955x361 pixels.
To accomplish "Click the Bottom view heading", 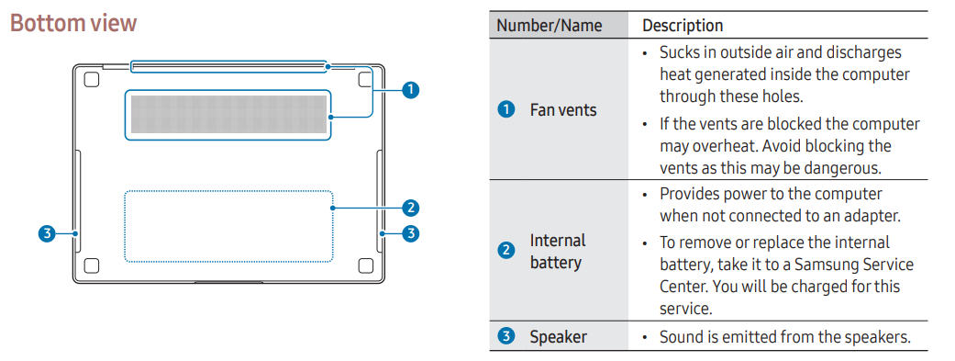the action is pos(73,23).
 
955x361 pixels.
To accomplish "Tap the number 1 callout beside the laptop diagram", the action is pos(411,90).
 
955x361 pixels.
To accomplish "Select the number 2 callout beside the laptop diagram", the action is pos(411,208).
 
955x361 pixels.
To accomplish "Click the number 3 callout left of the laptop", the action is pos(46,233).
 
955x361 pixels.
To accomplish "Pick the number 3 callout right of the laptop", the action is pos(411,233).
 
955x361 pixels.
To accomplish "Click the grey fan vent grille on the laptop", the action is pos(228,115).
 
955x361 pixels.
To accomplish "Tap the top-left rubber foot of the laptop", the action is pos(92,79).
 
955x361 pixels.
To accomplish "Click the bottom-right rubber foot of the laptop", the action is pos(365,265).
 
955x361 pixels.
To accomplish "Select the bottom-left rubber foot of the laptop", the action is pos(92,265).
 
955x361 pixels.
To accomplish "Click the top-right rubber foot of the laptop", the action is pos(365,79).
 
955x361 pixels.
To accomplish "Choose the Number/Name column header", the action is pos(550,26).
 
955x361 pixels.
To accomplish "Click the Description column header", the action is pos(683,26).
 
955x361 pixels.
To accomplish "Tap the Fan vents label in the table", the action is pos(563,110).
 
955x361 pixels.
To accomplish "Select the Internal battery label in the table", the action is pos(558,252).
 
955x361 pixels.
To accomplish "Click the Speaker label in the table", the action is pos(559,336).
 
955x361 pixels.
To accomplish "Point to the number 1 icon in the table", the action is pos(506,110).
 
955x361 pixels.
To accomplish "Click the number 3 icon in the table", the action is pos(506,336).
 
